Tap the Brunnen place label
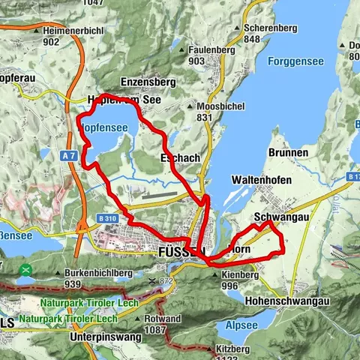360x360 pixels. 286,152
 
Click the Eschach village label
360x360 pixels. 179,158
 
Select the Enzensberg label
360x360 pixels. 148,79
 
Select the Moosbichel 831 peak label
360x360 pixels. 217,112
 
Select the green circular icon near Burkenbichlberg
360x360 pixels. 26,269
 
